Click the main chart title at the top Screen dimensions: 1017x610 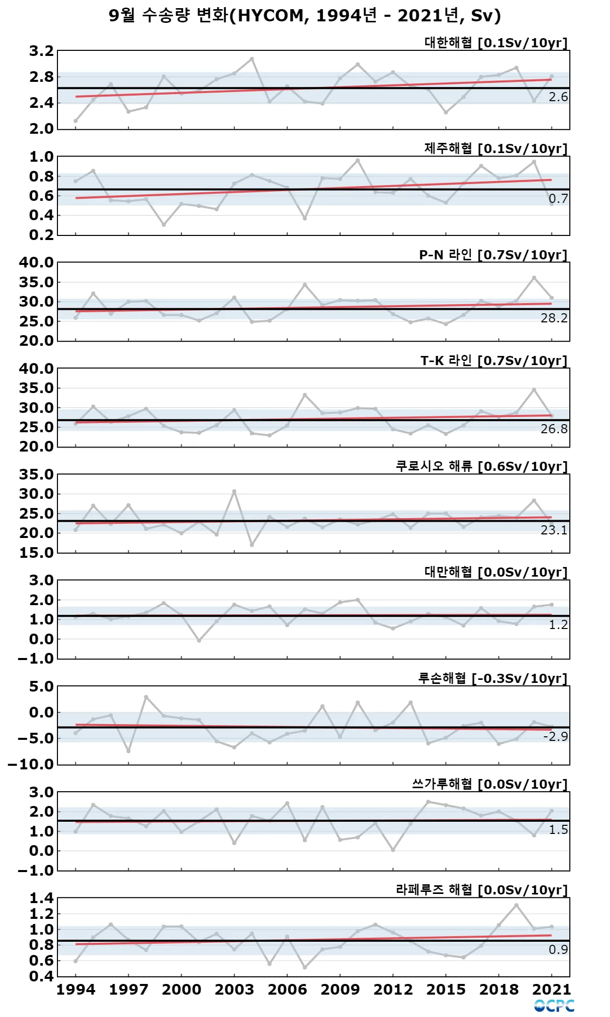pos(305,16)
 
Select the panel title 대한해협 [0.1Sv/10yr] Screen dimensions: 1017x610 pos(496,43)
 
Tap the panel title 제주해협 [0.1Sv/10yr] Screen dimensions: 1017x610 pos(496,148)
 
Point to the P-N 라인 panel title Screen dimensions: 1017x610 pos(493,255)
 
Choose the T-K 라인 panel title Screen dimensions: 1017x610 pos(494,361)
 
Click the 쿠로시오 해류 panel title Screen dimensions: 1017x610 pos(481,466)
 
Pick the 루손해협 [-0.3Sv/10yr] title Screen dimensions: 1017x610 pos(492,678)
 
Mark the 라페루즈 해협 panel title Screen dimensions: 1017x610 pos(481,890)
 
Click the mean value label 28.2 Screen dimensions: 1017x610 pos(554,318)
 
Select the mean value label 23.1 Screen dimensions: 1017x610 pos(554,530)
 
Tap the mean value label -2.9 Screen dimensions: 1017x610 pos(555,737)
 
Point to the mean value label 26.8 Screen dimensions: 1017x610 pos(554,429)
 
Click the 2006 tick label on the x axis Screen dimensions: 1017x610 pos(287,990)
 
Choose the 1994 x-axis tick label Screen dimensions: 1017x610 pos(76,990)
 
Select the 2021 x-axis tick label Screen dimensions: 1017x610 pos(552,990)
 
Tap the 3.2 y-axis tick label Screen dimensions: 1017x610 pos(41,51)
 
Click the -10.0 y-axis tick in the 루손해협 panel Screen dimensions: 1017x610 pos(31,764)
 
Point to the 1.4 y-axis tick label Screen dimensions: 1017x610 pos(41,898)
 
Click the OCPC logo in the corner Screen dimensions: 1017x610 pos(554,1006)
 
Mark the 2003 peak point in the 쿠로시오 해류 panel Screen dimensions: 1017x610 pos(234,492)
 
